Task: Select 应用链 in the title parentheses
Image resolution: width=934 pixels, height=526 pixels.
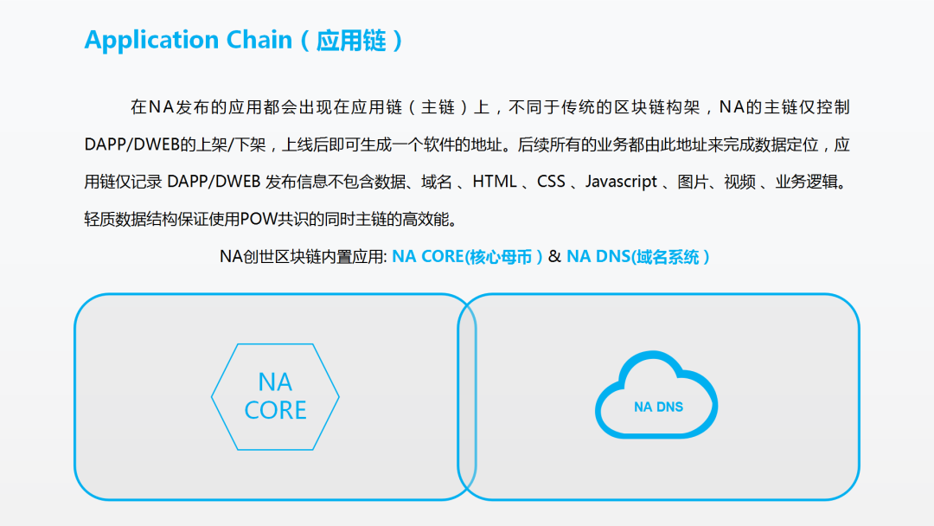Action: [351, 41]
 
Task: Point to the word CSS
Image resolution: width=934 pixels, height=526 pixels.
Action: [551, 182]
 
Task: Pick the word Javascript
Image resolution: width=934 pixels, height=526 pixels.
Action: [621, 182]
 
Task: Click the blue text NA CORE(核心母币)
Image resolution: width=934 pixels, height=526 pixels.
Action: [467, 257]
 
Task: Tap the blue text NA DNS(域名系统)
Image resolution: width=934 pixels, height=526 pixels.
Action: [638, 257]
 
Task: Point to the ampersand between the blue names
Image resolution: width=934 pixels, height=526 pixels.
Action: [554, 257]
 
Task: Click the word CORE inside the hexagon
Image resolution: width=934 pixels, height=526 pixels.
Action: [275, 410]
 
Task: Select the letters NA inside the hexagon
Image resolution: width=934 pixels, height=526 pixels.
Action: [275, 382]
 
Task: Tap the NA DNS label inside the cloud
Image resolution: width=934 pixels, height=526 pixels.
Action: [658, 407]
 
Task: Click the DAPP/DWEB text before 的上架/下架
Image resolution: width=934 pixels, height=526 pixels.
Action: [126, 145]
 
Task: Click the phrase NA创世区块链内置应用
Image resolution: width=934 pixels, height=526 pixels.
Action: [302, 257]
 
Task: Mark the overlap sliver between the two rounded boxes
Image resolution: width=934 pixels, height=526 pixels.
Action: [467, 397]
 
